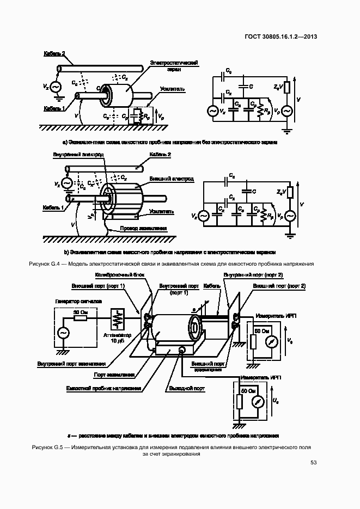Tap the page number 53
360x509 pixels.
coord(313,463)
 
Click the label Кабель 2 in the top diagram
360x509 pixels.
coord(54,53)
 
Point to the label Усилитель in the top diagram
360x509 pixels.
coord(173,88)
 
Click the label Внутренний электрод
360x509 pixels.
coord(78,155)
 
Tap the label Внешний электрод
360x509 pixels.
coord(167,179)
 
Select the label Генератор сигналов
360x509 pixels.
coord(74,301)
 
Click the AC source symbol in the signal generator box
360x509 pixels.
coord(63,333)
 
